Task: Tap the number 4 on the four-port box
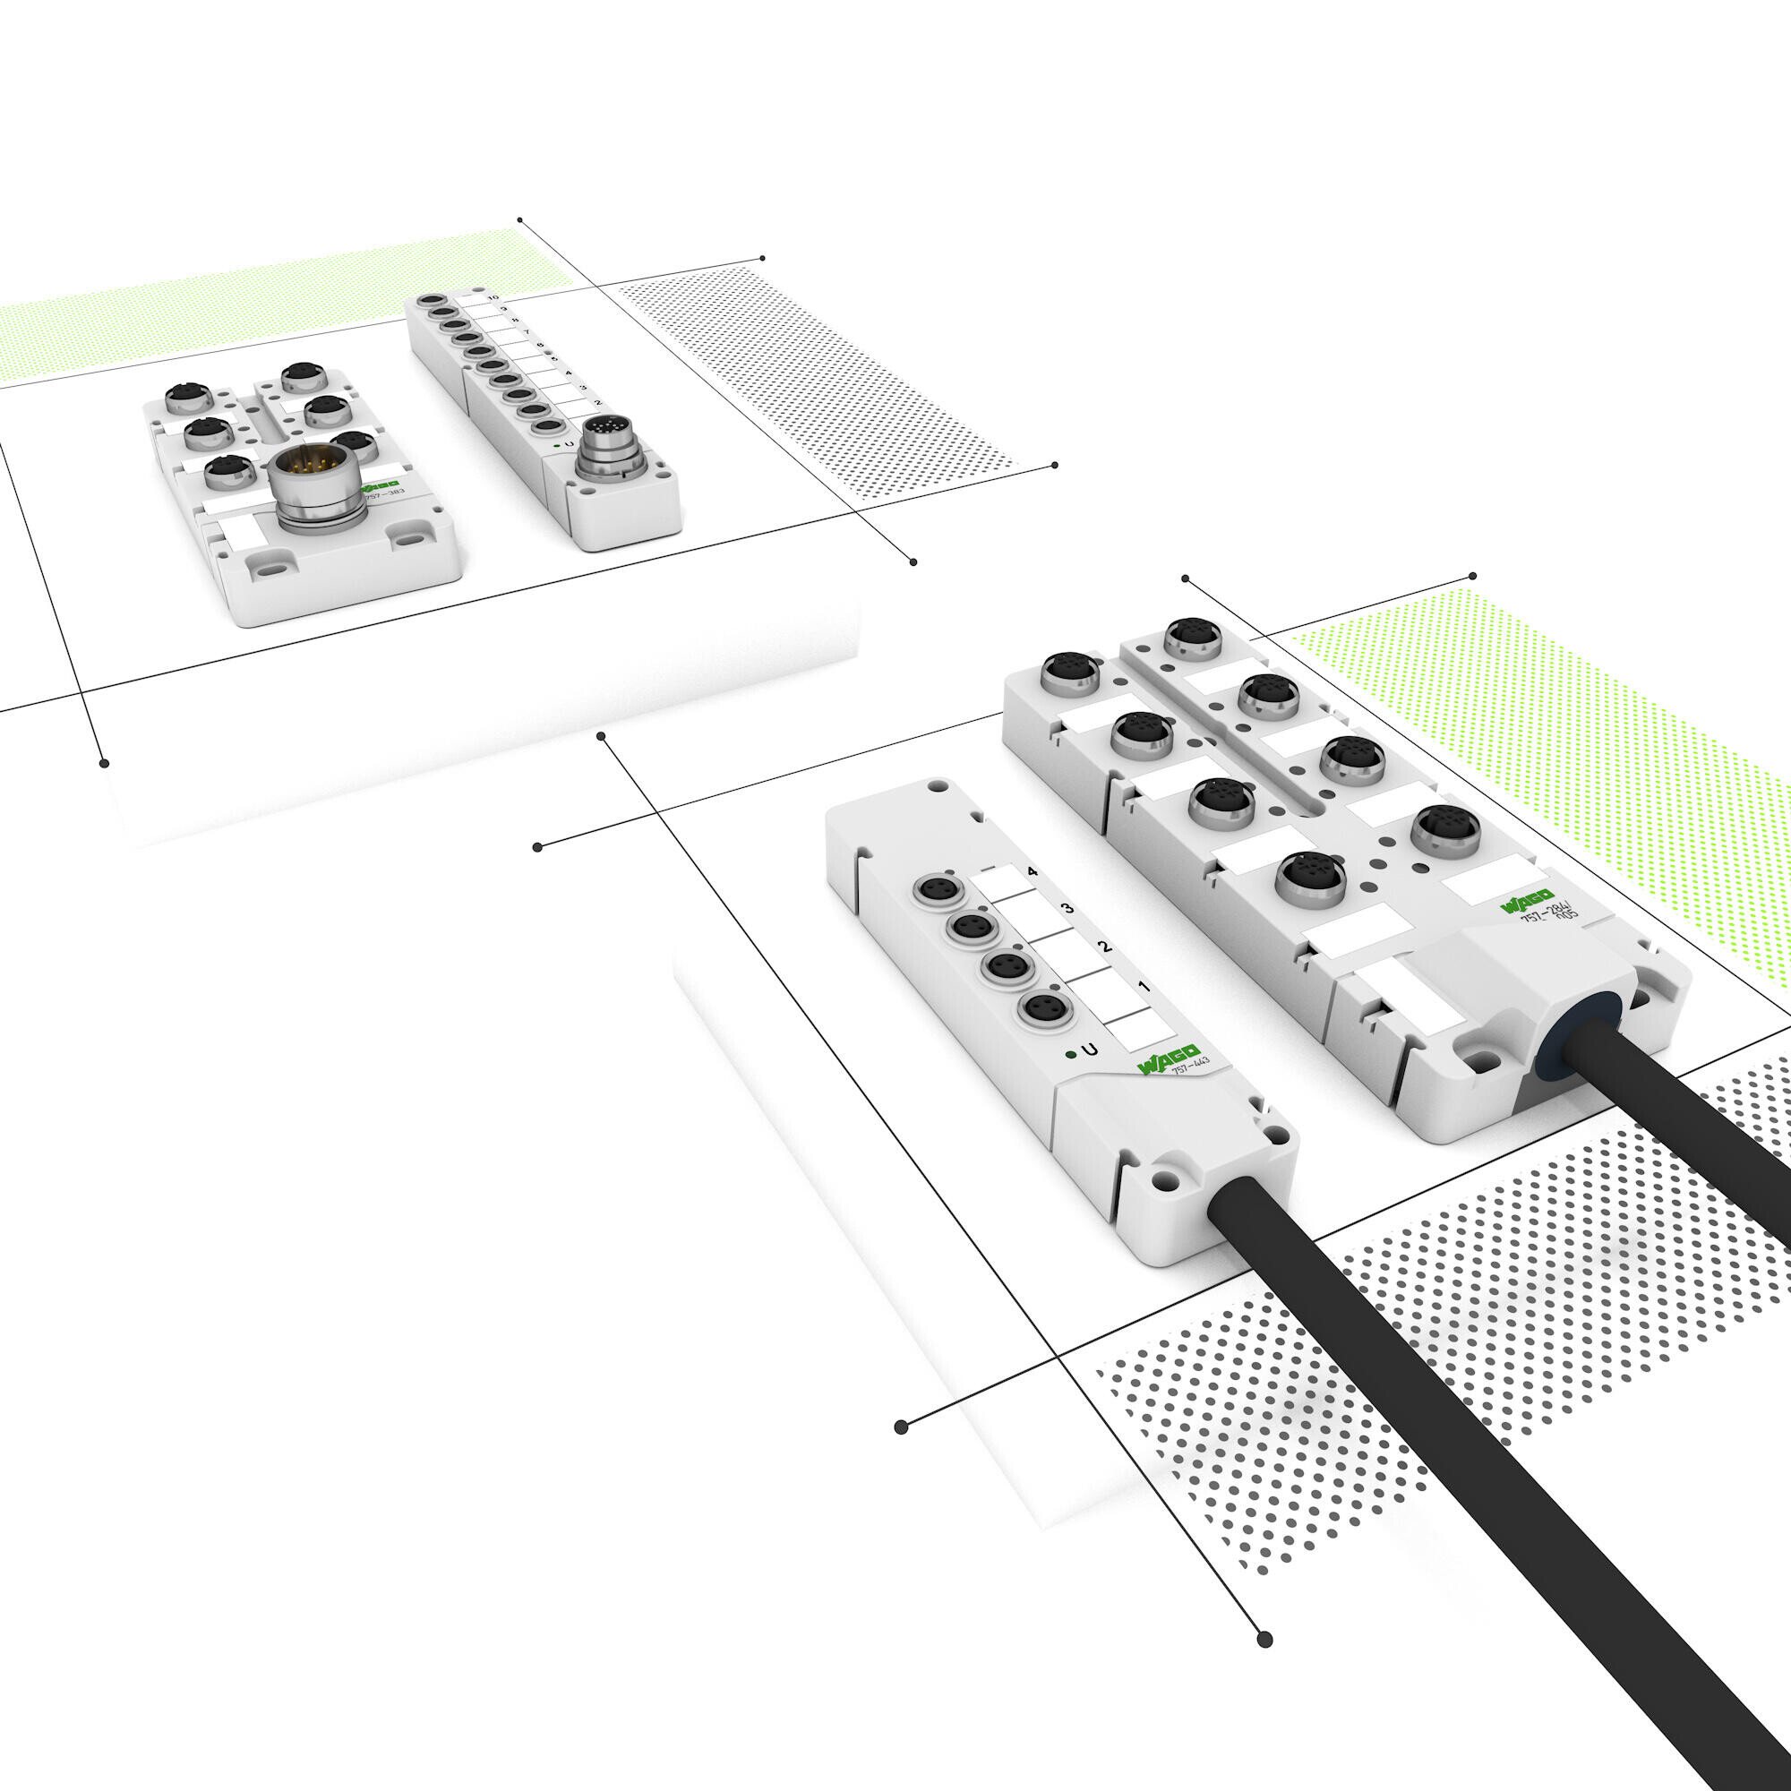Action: click(x=1033, y=872)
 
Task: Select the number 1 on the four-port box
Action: click(x=1144, y=986)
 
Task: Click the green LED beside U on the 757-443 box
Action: click(x=1072, y=1053)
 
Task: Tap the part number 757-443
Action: click(x=1190, y=1065)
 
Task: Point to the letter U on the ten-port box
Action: click(x=569, y=446)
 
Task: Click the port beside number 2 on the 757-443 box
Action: click(x=1002, y=966)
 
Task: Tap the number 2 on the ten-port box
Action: click(x=598, y=402)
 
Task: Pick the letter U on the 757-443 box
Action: click(x=1091, y=1050)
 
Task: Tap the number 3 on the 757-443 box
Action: click(x=1069, y=908)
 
